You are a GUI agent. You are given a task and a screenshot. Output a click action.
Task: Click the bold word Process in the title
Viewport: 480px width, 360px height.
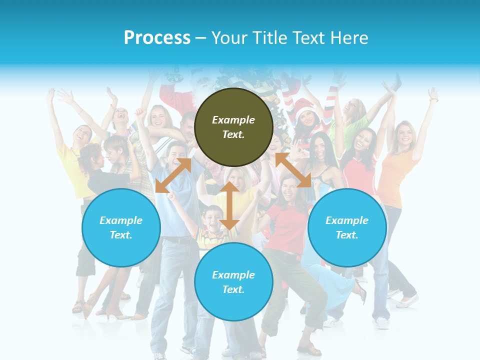point(157,38)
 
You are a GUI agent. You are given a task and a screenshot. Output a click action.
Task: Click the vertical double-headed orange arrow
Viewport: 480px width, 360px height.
point(229,205)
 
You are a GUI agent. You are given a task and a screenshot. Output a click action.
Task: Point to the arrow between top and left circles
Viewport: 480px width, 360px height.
point(173,175)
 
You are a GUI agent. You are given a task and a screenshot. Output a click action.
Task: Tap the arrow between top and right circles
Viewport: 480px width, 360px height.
point(293,170)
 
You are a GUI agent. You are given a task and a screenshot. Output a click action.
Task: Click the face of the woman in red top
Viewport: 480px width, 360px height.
point(289,187)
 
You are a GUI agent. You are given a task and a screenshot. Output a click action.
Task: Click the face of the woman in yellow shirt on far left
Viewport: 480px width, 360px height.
point(82,134)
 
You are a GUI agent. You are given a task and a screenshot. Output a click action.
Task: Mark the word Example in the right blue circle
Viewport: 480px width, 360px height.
point(347,220)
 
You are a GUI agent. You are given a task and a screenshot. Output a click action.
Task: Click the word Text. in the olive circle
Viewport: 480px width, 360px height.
point(233,134)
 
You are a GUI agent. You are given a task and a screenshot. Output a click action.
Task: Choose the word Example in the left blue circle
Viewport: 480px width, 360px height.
point(121,220)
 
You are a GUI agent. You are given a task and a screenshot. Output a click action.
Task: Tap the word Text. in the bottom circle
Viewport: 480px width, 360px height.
point(233,289)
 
